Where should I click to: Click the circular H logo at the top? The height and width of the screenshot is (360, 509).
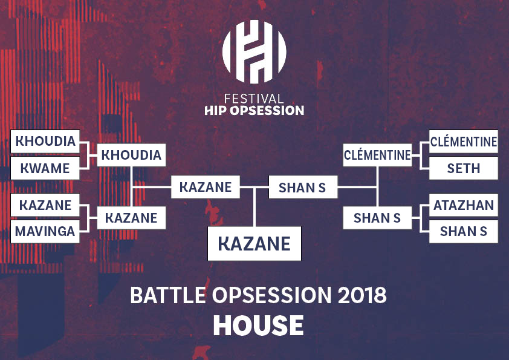coord(254,51)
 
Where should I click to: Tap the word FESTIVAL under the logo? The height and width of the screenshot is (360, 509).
coord(254,99)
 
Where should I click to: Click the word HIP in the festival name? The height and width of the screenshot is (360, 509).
coord(216,111)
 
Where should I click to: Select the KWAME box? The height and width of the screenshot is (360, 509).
coord(45,168)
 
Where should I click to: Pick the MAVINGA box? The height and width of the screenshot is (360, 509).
coord(45,231)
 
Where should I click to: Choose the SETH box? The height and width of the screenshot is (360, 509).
coord(464,168)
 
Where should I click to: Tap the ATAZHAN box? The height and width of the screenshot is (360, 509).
coord(464,205)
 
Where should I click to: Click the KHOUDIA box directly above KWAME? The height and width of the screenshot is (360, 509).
coord(45,142)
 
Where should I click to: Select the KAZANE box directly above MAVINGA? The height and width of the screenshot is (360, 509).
coord(45,205)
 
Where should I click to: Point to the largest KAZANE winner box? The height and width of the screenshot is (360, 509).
coord(254,244)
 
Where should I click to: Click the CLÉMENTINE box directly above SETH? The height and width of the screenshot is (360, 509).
coord(464,142)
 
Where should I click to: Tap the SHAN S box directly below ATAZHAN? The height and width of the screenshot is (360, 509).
coord(464,231)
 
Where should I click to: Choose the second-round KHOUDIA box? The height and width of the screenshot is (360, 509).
coord(131,155)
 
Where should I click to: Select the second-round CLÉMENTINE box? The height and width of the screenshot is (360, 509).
coord(377,155)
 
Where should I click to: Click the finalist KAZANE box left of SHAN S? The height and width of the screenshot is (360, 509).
coord(206,187)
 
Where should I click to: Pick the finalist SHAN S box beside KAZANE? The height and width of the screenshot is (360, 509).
coord(303,187)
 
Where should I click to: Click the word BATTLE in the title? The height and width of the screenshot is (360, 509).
coord(168,295)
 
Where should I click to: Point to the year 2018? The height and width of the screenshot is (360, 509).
coord(362,295)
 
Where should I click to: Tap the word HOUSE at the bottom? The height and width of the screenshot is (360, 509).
coord(258,326)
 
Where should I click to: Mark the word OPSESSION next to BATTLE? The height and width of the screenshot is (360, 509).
coord(272,295)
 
